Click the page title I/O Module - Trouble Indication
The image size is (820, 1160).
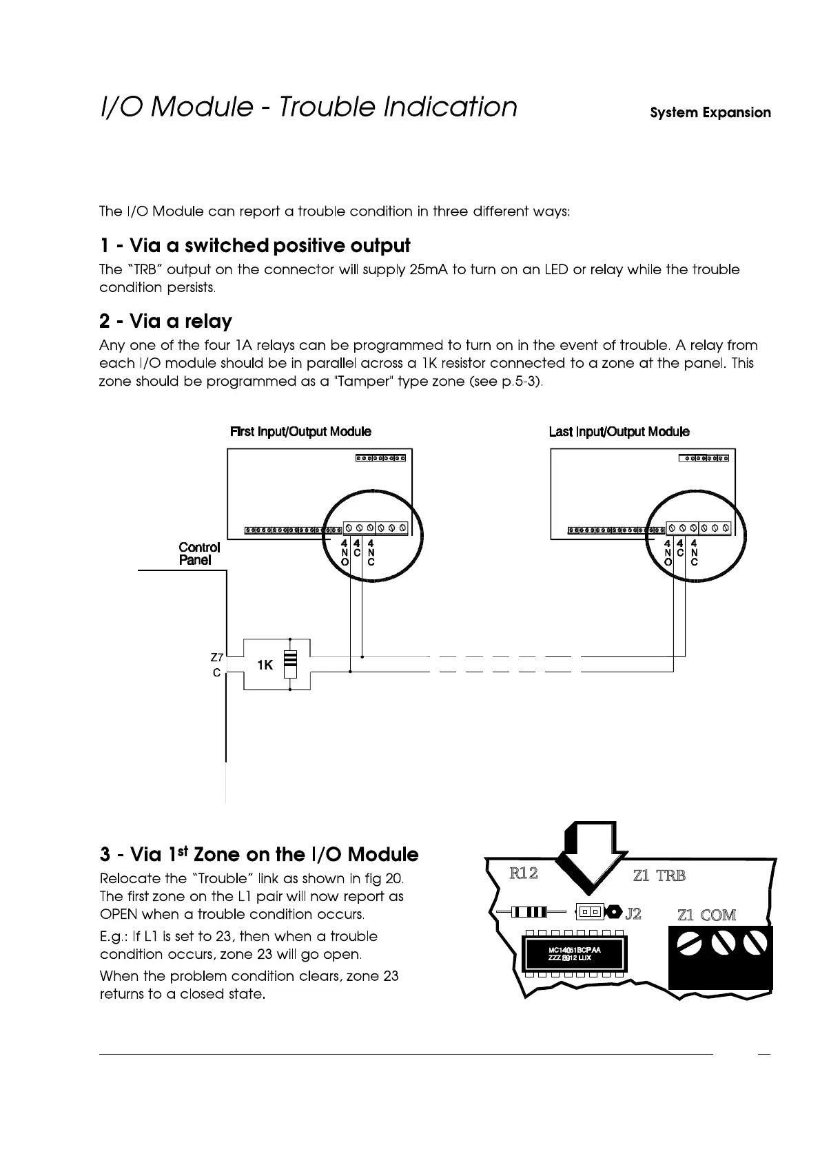point(308,107)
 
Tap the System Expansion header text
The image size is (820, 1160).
point(710,113)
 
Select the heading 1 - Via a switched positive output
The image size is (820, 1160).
point(255,246)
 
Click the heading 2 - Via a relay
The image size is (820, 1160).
point(166,322)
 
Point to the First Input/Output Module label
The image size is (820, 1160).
point(300,432)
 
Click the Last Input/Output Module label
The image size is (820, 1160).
point(619,432)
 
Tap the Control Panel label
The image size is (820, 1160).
point(199,554)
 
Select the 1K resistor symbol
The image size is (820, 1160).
point(290,665)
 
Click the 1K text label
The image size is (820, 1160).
point(265,665)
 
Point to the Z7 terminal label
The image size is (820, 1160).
point(216,657)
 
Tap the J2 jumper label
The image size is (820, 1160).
point(633,914)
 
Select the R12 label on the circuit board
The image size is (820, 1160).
point(523,873)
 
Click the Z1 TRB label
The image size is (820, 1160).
point(659,876)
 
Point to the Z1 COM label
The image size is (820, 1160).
point(706,915)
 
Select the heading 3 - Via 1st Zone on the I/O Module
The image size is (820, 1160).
point(259,855)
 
